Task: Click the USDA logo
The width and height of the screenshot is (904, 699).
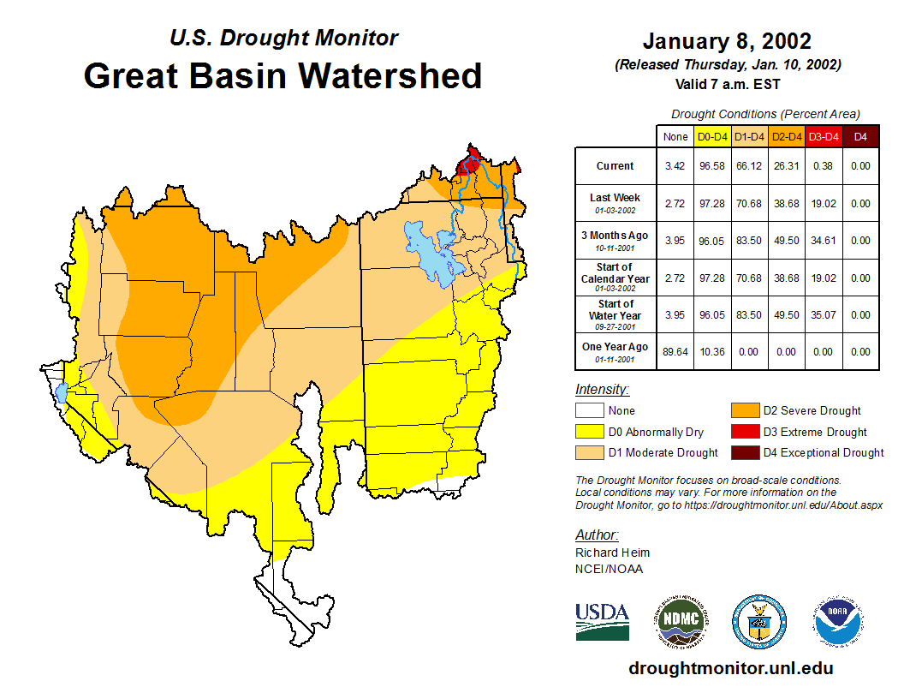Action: [602, 621]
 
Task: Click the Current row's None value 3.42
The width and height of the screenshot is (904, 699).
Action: [675, 166]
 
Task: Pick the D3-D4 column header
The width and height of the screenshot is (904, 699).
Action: [824, 136]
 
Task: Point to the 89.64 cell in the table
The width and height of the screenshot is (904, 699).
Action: [675, 351]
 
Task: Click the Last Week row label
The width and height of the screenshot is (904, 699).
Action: [616, 202]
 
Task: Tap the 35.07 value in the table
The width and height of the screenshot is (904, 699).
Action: [824, 314]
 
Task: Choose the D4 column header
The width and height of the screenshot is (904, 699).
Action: [860, 136]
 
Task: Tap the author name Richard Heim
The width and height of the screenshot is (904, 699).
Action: [612, 553]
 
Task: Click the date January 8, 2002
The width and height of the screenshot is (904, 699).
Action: [726, 41]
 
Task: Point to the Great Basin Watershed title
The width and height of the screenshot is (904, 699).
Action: [282, 75]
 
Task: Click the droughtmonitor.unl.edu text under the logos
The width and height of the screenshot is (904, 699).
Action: [730, 668]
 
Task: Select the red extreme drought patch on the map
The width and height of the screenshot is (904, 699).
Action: [467, 164]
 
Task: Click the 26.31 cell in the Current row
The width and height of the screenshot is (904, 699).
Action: [786, 166]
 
